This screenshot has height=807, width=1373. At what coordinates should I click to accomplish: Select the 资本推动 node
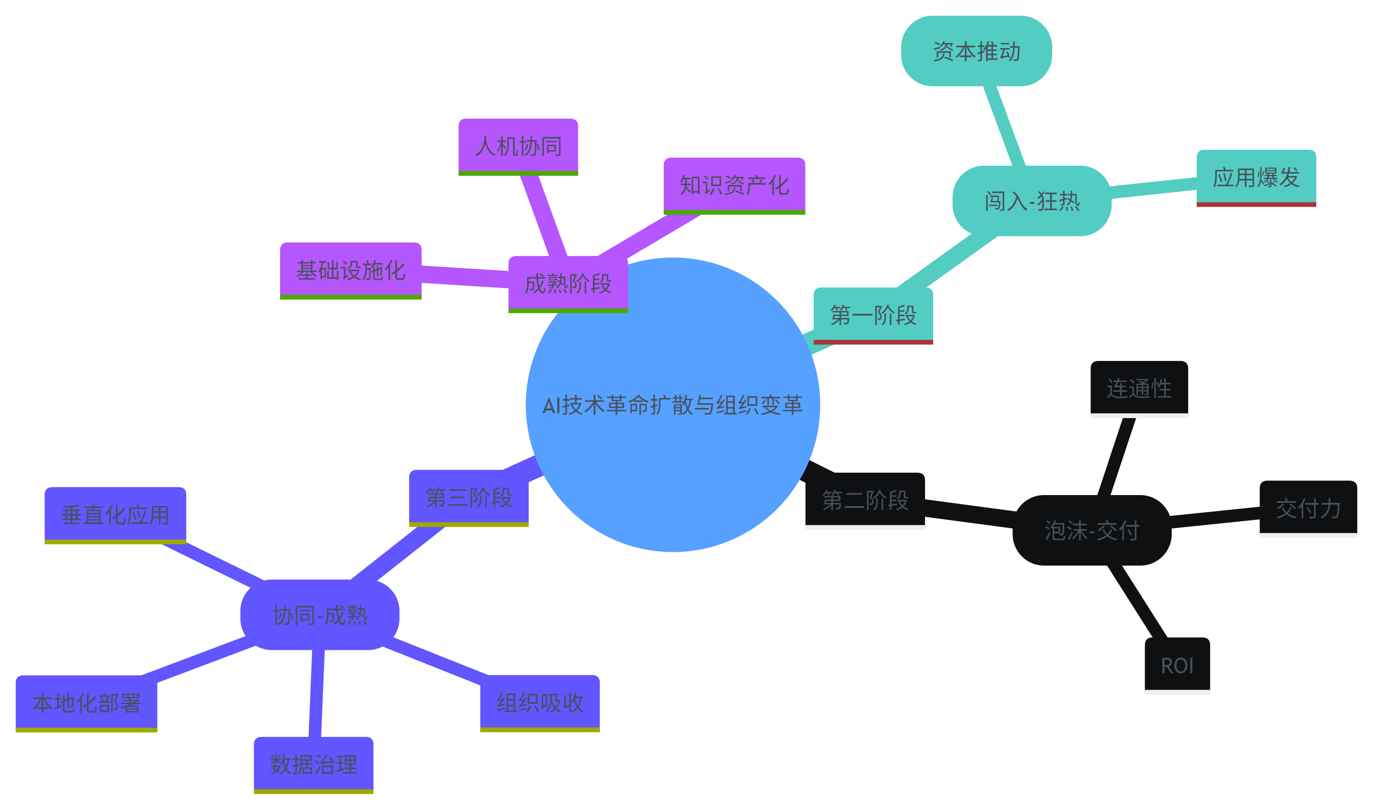click(976, 51)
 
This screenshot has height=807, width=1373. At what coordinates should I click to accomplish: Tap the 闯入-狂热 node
click(1032, 201)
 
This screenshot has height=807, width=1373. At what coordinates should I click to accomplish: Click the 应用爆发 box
click(1256, 177)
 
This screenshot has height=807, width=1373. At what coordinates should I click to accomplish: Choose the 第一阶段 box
click(873, 315)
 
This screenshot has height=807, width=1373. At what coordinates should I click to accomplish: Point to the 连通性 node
click(1139, 388)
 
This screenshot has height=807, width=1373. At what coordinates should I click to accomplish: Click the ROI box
click(1177, 665)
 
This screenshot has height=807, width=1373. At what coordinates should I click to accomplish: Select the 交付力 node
click(1308, 508)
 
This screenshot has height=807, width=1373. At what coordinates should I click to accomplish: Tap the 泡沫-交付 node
click(1092, 530)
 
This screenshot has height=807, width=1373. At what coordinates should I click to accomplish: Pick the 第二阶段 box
click(865, 500)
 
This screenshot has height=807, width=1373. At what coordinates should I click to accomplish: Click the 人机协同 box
click(518, 146)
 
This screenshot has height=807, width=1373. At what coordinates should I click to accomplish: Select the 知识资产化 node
click(734, 185)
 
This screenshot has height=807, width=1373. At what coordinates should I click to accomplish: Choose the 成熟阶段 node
click(568, 284)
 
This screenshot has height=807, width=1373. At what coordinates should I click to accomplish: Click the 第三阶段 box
click(469, 497)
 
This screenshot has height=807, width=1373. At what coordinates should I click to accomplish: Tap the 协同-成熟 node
click(320, 615)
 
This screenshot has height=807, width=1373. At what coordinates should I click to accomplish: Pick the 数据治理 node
click(314, 764)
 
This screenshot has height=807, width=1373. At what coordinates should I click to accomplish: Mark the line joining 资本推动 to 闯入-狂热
click(1005, 125)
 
